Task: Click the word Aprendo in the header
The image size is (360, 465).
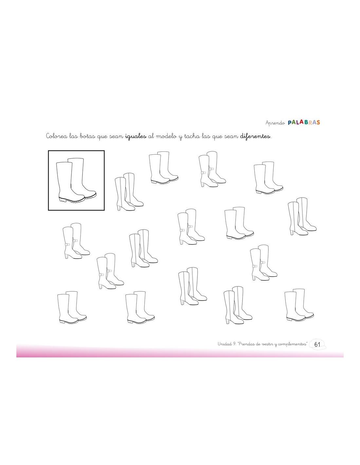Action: (275, 123)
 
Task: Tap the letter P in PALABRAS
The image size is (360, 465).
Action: (290, 122)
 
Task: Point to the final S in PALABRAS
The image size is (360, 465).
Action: (318, 122)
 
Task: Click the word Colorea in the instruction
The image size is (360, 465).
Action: (56, 136)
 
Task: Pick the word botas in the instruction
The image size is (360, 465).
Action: (87, 136)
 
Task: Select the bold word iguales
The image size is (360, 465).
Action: (136, 136)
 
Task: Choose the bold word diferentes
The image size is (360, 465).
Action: (255, 136)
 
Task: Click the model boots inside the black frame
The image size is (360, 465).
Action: (76, 181)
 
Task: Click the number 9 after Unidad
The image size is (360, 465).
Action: (235, 344)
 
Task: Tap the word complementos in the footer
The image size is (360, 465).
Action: (293, 344)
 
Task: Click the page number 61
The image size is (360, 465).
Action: (317, 344)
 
